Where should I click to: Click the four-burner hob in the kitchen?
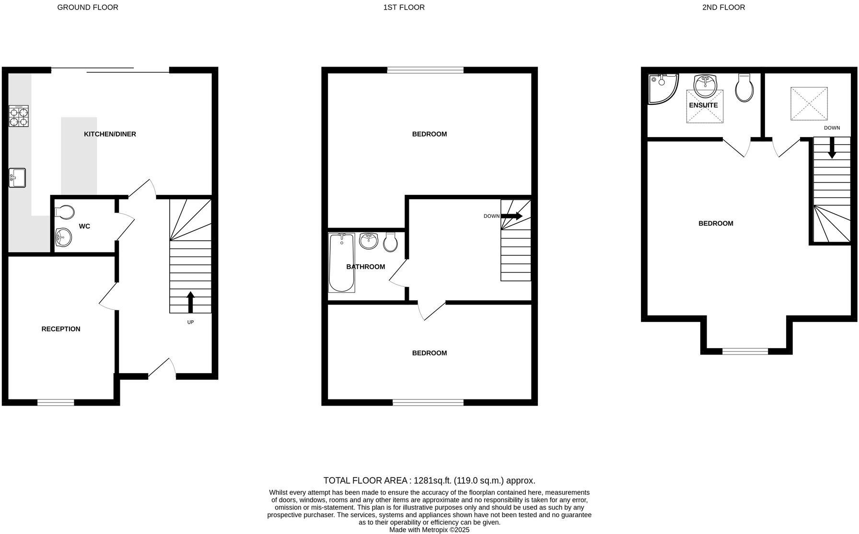tap(19, 116)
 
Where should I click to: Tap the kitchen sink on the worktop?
tap(17, 178)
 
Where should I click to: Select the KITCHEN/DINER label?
tap(110, 134)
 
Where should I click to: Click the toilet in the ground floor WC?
tap(64, 212)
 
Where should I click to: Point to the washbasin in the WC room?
tap(63, 236)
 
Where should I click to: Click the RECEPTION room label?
tap(61, 329)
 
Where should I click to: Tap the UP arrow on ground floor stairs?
tap(190, 302)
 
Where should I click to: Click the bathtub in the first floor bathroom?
tap(342, 262)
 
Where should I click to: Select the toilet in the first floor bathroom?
tap(391, 242)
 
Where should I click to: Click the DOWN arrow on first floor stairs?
tap(512, 216)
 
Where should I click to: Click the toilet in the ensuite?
tap(744, 88)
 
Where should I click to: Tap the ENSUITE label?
tap(703, 105)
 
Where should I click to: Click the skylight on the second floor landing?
tap(809, 103)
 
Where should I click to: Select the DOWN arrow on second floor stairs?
tap(832, 148)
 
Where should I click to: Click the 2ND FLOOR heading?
tap(723, 7)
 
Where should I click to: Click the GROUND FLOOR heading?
tap(88, 7)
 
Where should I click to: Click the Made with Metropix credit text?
tap(429, 530)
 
